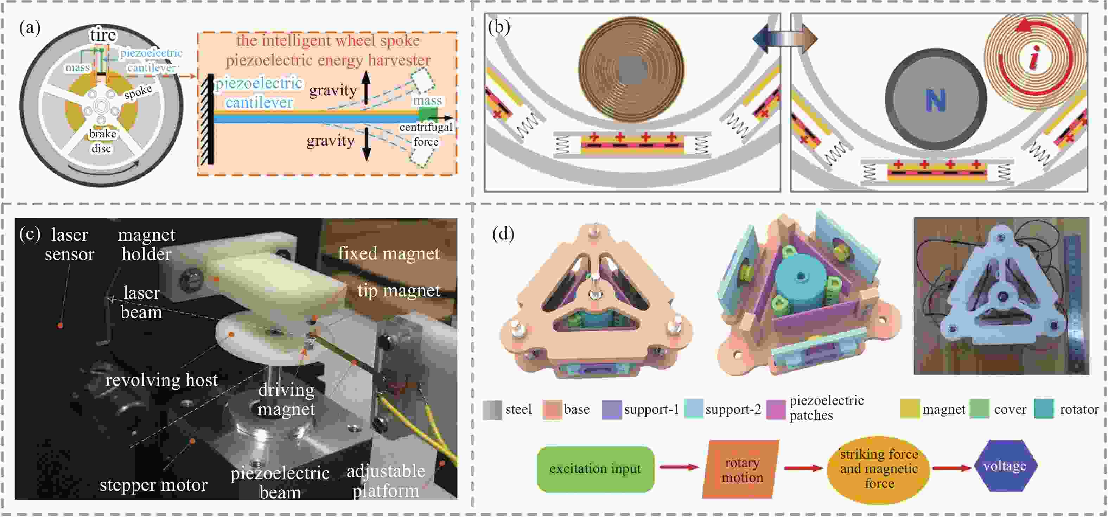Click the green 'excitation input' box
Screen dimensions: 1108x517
pyautogui.click(x=595, y=469)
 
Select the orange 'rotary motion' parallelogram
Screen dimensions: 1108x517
pyautogui.click(x=741, y=469)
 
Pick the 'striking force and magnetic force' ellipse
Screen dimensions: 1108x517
pyautogui.click(x=878, y=469)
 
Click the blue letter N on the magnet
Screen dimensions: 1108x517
pyautogui.click(x=936, y=101)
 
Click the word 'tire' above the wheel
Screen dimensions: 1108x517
pyautogui.click(x=103, y=35)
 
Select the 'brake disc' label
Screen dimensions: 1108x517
pyautogui.click(x=102, y=141)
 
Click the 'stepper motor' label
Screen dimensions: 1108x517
pyautogui.click(x=154, y=485)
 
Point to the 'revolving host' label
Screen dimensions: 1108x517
pyautogui.click(x=162, y=380)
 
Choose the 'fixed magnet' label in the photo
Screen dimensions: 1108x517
pyautogui.click(x=388, y=253)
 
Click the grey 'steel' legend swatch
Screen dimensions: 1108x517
pyautogui.click(x=492, y=409)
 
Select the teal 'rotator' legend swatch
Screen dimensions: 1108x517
pyautogui.click(x=1044, y=409)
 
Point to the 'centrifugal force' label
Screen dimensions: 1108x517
pyautogui.click(x=426, y=135)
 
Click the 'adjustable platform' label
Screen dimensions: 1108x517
pyautogui.click(x=386, y=481)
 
